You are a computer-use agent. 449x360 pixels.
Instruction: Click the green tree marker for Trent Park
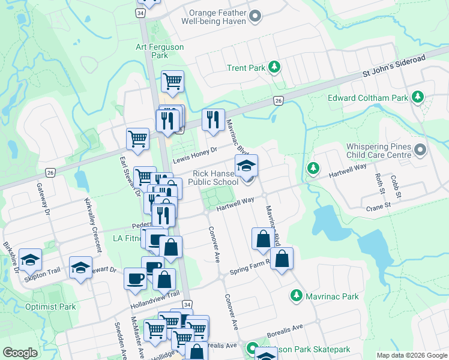coord(275,67)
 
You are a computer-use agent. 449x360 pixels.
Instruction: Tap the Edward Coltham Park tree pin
coord(417,97)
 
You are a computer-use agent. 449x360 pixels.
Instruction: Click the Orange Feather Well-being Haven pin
coord(255,16)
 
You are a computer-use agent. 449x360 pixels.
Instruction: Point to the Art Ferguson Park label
coord(159,51)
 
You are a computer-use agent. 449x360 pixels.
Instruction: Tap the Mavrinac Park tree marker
coord(296,296)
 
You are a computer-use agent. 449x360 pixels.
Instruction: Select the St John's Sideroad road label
coord(394,66)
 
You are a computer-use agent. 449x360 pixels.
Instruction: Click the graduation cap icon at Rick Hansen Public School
coord(246,166)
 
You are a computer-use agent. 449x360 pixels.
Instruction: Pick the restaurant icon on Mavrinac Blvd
coord(213,120)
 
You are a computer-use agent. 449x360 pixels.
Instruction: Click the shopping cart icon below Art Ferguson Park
coord(173,81)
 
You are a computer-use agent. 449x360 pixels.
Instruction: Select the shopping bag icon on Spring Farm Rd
coord(282,259)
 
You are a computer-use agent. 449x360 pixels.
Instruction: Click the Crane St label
coord(378,205)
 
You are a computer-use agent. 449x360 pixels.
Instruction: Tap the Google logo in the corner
coord(20,353)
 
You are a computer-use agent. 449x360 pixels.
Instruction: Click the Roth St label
coord(379,182)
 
